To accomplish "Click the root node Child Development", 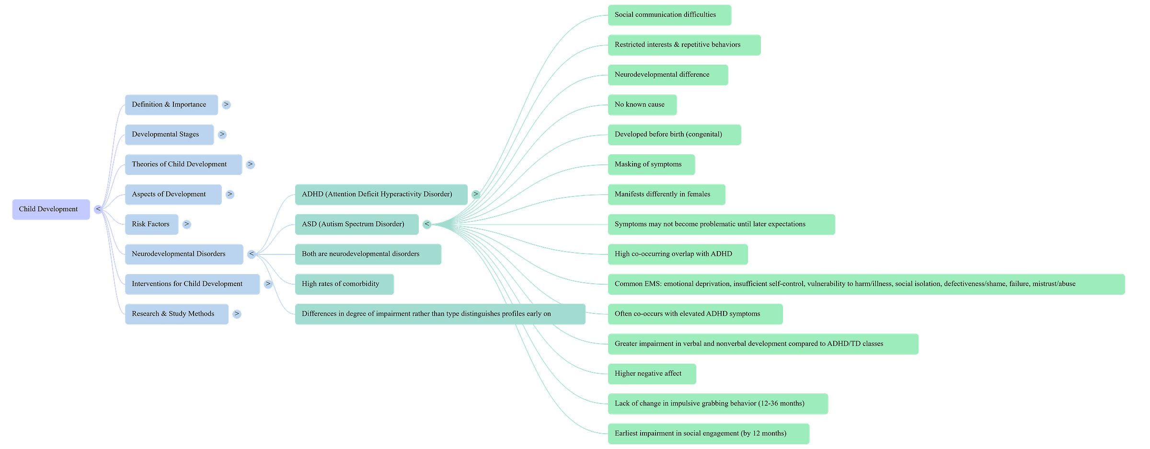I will (51, 209).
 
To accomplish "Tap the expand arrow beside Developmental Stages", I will (222, 135).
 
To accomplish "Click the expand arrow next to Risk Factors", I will (187, 224).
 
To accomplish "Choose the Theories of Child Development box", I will (183, 164).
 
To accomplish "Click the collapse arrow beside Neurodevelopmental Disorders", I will (251, 254).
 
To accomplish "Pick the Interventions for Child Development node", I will (192, 284).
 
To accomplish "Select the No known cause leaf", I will (642, 104).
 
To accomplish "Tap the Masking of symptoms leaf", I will (651, 164).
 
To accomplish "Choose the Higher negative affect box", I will (651, 374).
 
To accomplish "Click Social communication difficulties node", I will (669, 15).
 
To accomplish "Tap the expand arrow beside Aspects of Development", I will (230, 194).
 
